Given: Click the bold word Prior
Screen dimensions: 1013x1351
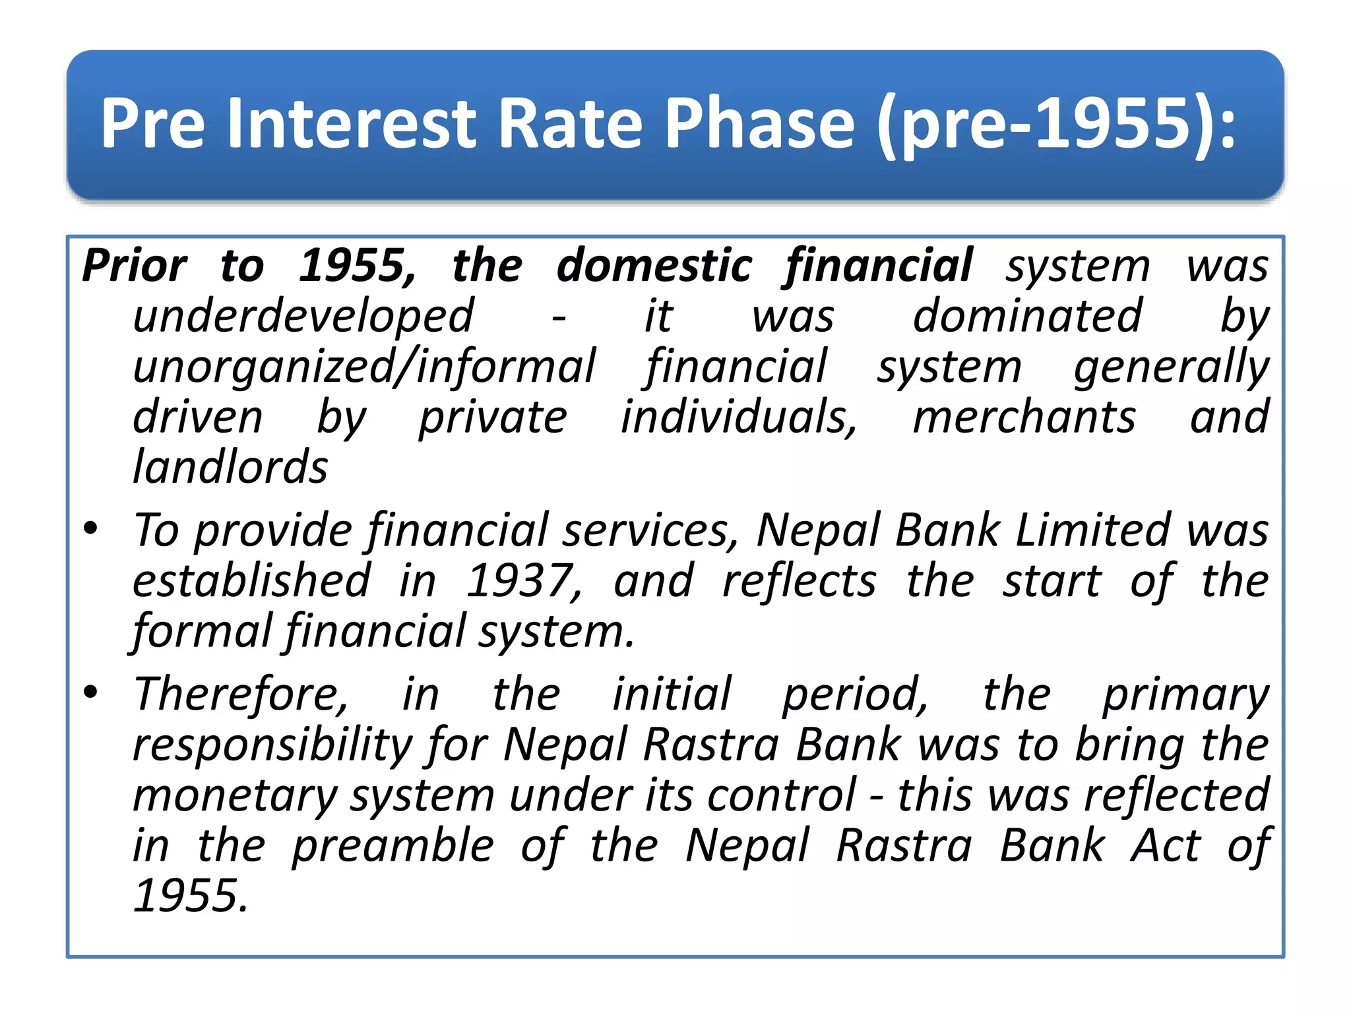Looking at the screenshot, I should pyautogui.click(x=135, y=266).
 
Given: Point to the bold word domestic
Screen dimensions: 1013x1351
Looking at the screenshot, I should pyautogui.click(x=654, y=266).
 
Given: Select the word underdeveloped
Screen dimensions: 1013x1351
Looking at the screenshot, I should pyautogui.click(x=303, y=317).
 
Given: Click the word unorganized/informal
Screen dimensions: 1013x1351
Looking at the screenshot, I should pyautogui.click(x=364, y=367).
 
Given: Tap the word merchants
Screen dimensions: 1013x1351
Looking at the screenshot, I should pyautogui.click(x=1024, y=417).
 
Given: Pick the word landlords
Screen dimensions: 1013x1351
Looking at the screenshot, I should pyautogui.click(x=230, y=468).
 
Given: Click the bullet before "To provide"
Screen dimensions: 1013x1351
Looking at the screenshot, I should pyautogui.click(x=90, y=528).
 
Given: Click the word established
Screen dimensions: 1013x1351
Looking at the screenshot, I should pyautogui.click(x=252, y=581).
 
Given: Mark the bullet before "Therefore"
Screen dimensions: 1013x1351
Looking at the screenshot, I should pyautogui.click(x=90, y=692).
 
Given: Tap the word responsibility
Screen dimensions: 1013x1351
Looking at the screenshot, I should pyautogui.click(x=272, y=745).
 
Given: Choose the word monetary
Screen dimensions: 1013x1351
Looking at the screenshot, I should pyautogui.click(x=236, y=795).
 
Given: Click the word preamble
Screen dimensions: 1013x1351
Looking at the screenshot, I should pyautogui.click(x=393, y=846).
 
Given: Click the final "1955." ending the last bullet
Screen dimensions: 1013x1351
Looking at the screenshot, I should pyautogui.click(x=191, y=896).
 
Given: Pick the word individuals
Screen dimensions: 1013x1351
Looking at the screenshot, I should pyautogui.click(x=739, y=417).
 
